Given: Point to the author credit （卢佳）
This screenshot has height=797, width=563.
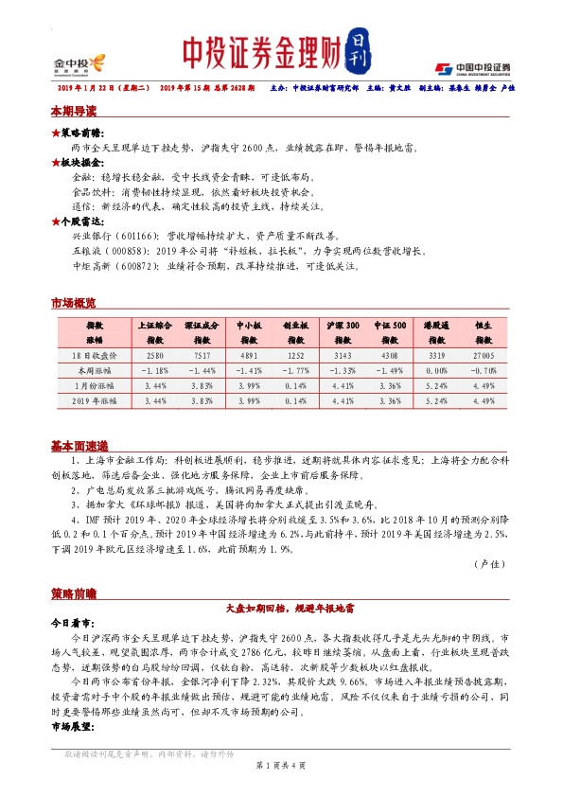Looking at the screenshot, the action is [x=490, y=563].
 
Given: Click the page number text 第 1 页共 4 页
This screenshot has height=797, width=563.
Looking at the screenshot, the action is [x=280, y=764].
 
